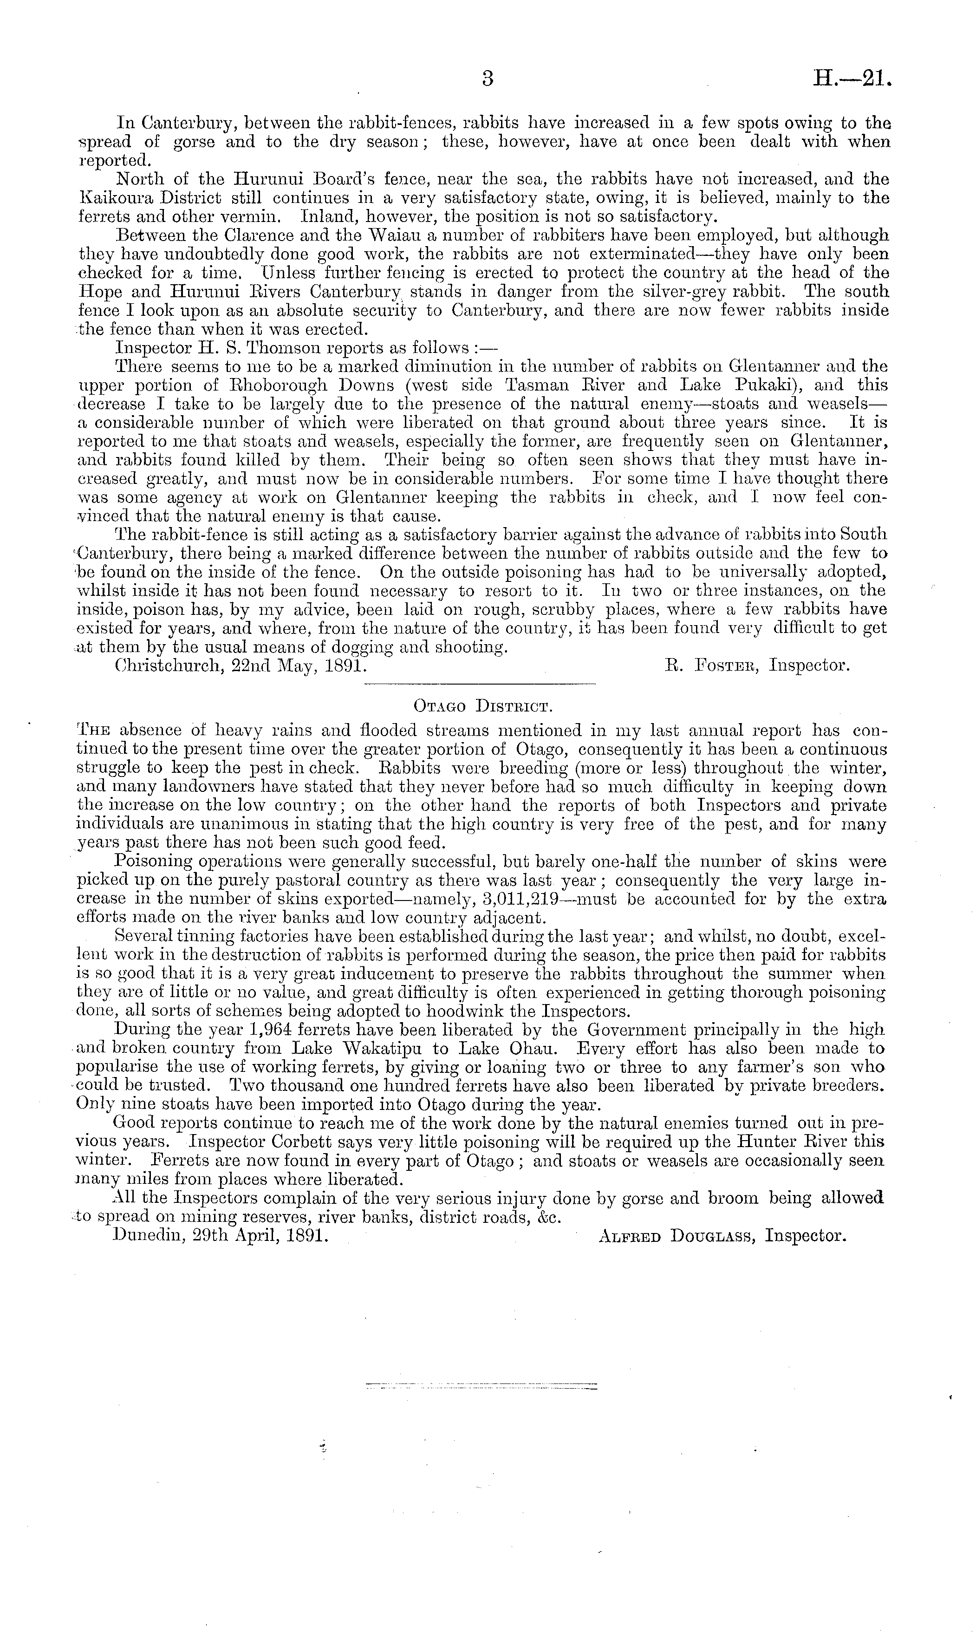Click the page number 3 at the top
pos(488,79)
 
